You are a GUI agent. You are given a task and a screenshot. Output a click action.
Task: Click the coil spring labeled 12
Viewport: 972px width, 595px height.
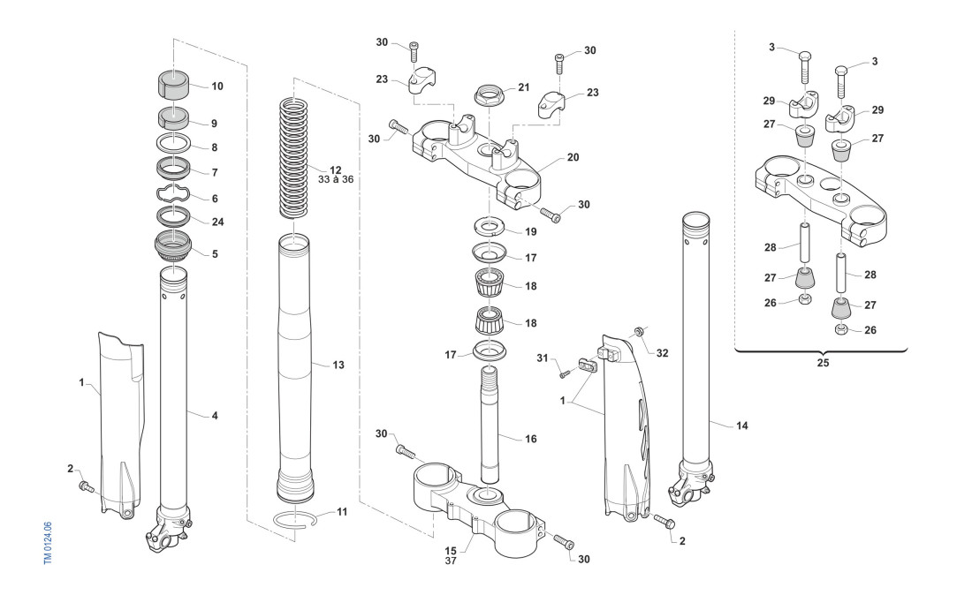coord(295,157)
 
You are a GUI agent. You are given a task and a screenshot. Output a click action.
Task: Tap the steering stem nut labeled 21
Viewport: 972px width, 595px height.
coord(490,94)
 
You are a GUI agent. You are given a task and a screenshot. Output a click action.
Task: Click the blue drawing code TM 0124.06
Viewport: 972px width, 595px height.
coord(49,543)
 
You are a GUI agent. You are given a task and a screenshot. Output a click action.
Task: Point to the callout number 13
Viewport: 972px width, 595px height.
coord(338,365)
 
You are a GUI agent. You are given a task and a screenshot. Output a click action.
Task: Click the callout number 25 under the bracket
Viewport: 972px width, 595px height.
coord(823,363)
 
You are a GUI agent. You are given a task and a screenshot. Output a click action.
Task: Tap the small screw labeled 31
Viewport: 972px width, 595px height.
coord(564,374)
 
